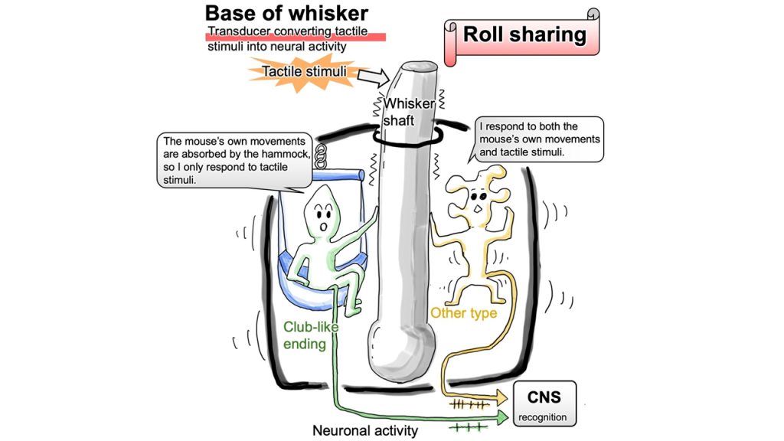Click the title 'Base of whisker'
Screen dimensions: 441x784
[x=286, y=13]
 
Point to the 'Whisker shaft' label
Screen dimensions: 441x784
[x=410, y=112]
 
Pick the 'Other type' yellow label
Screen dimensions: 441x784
[x=463, y=313]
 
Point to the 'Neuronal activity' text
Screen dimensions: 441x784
[x=365, y=430]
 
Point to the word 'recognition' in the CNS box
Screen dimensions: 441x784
[x=543, y=417]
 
